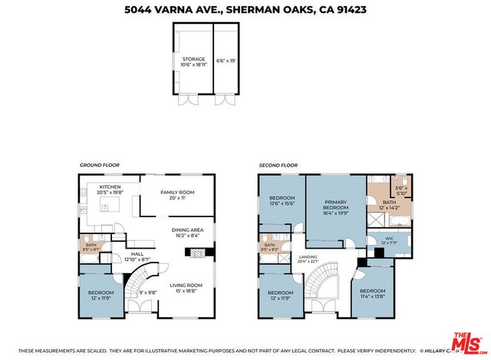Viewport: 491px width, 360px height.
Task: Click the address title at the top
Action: (245, 10)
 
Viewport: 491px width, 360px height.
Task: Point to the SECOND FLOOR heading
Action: (277, 165)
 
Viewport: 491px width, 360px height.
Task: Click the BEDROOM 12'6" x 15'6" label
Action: (281, 202)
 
